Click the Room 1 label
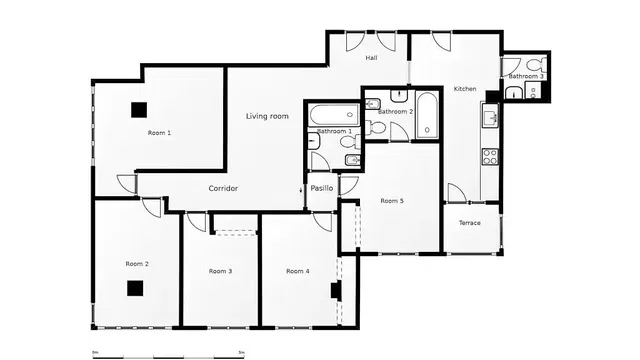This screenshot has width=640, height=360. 159,133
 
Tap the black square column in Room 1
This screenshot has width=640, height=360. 138,110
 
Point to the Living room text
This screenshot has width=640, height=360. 267,117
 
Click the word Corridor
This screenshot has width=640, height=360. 222,188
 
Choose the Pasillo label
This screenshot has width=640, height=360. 321,188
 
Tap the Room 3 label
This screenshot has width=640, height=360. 220,271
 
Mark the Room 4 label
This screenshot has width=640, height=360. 297,271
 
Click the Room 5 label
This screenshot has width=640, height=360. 392,201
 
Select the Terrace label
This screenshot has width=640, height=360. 470,222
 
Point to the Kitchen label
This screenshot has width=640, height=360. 465,89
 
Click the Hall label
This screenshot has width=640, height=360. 371,58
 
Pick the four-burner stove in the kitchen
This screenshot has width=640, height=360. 490,156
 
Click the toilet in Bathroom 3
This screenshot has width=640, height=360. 534,92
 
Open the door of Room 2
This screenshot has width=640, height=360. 150,205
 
